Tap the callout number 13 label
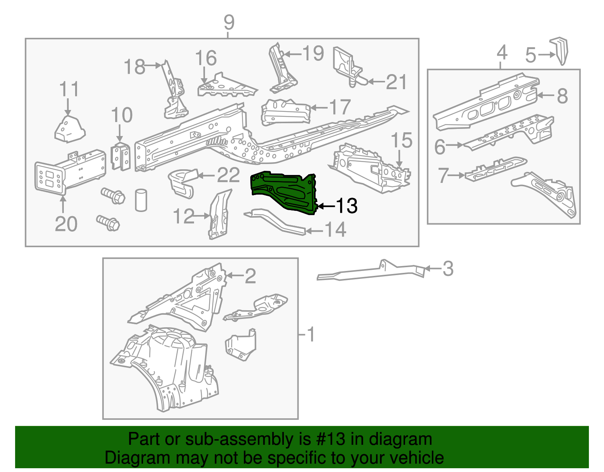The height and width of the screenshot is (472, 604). [x=347, y=206]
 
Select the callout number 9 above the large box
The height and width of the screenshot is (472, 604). [x=229, y=23]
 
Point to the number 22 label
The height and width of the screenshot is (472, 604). [x=228, y=175]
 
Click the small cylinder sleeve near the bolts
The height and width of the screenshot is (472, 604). [x=141, y=200]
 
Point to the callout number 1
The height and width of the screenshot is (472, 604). [x=310, y=334]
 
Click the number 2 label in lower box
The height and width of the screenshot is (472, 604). [x=250, y=276]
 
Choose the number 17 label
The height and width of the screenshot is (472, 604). [x=340, y=107]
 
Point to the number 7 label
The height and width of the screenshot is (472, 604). [x=443, y=175]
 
